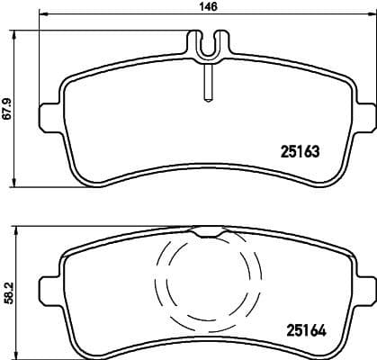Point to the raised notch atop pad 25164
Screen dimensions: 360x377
point(206,232)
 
